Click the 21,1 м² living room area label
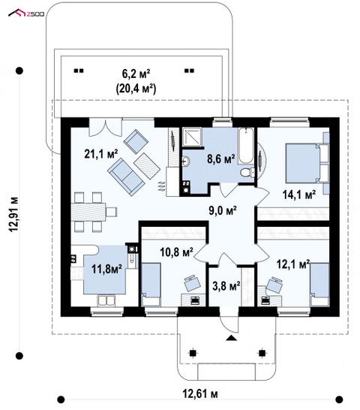100,154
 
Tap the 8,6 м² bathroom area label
221,158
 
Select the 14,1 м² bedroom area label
298,194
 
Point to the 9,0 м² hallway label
223,210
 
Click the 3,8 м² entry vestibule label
226,286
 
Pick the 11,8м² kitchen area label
106,269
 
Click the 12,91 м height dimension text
13,213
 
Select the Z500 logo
26,13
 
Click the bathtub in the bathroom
246,146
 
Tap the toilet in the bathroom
247,173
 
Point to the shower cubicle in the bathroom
192,137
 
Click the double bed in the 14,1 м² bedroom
303,163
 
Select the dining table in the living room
88,212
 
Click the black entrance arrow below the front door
231,338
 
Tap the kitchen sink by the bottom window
106,300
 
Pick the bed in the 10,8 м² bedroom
151,285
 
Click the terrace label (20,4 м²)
136,89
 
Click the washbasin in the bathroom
187,161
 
